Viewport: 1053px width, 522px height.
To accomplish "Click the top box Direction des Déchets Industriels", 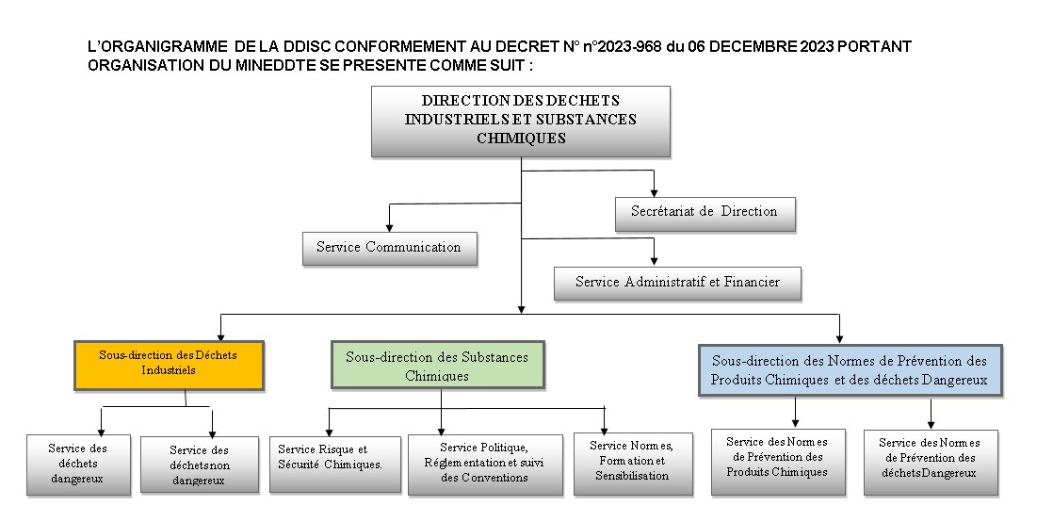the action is coord(521,122).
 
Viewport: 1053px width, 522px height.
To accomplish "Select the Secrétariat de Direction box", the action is coord(705,214).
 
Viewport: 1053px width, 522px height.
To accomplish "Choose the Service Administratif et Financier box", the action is coord(677,284).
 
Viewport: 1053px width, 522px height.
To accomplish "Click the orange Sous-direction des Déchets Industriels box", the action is coord(169,366).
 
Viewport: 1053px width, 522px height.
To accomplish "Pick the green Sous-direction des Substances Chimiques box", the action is coord(437,365).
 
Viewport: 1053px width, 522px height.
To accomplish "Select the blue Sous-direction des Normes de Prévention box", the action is coord(850,370).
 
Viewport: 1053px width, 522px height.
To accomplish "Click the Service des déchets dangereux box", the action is coord(78,465).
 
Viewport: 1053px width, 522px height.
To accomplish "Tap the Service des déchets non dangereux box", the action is coord(200,465).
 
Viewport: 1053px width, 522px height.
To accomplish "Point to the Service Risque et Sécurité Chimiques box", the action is coord(335,465).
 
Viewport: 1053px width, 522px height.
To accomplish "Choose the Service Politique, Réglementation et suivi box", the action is coord(485,465).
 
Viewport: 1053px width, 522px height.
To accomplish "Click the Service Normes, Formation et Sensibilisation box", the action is coord(633,464).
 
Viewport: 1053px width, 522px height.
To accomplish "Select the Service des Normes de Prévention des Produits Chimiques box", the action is coord(778,463).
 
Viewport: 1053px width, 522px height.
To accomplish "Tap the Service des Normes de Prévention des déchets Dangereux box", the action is coord(931,463).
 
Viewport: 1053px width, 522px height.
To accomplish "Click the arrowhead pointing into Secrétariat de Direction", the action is coord(654,193).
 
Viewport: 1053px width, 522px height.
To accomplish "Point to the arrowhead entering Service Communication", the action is coord(389,227).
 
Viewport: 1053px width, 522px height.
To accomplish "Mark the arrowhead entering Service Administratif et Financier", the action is coord(654,261).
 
